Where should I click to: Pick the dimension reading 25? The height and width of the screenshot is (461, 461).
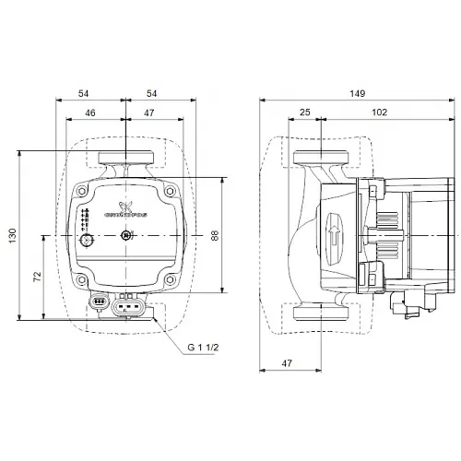[x=303, y=113]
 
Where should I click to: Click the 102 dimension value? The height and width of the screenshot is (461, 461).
[x=380, y=113]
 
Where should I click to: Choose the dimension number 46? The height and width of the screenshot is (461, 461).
[x=89, y=113]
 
